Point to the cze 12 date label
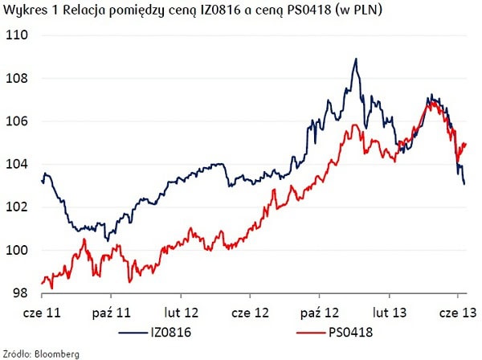coord(249,310)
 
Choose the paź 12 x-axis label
coord(319,310)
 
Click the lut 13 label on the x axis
coord(388,310)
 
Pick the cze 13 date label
coord(456,310)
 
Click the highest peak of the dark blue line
coord(354,59)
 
